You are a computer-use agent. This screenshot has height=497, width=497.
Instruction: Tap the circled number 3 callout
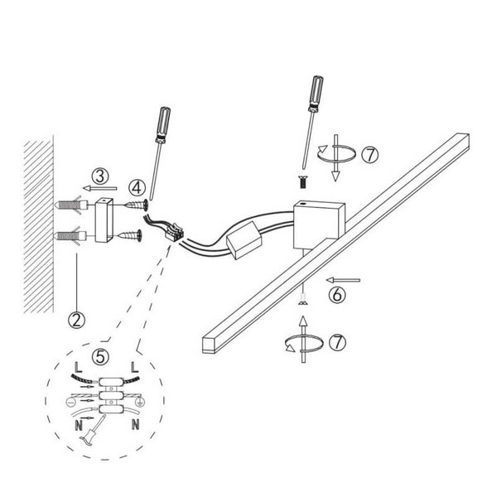click(x=100, y=176)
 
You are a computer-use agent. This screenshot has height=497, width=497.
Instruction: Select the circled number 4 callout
click(x=137, y=188)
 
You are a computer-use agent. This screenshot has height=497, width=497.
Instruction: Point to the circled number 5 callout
click(x=100, y=357)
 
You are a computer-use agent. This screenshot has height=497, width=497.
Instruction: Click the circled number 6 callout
click(x=336, y=295)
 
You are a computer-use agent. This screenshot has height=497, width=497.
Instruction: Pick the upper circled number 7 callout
click(x=370, y=155)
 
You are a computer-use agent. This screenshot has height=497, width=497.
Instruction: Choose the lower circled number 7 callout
click(x=338, y=342)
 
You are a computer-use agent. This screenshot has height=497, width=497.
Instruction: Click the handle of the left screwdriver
click(x=163, y=125)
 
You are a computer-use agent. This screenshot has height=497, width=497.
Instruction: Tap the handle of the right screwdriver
click(x=316, y=94)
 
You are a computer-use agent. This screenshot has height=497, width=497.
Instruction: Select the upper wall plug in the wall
click(x=70, y=205)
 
